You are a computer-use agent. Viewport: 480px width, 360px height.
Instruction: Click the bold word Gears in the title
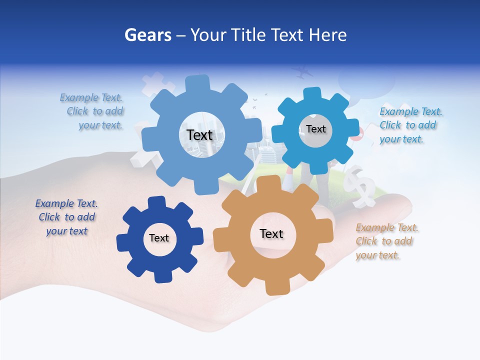(147, 35)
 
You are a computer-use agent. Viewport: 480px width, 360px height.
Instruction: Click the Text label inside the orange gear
(271, 233)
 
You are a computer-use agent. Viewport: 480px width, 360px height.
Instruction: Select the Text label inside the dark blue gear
(159, 238)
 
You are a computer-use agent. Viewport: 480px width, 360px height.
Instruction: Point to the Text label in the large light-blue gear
(199, 135)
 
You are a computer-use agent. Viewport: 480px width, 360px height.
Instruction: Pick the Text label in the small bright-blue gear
(316, 129)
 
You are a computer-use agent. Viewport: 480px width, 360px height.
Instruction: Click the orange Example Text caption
(386, 241)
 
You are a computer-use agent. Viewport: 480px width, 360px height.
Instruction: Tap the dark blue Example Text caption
(66, 217)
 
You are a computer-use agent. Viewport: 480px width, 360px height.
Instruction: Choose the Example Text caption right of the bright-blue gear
(410, 125)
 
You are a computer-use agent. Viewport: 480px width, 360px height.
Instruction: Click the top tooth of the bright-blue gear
(313, 93)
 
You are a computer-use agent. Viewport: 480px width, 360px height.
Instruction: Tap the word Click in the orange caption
(366, 241)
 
